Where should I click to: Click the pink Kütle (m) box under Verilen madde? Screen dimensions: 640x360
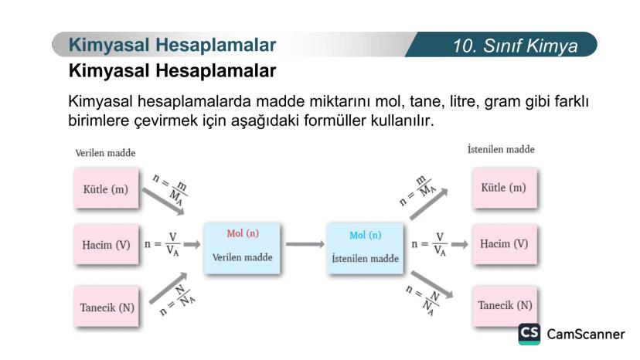(x=106, y=188)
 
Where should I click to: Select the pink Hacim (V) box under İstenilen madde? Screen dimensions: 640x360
(x=505, y=244)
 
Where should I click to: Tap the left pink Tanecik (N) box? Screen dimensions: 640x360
(x=106, y=307)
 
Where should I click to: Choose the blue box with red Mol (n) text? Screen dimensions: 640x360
(x=242, y=248)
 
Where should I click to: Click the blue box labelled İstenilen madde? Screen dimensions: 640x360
(x=365, y=248)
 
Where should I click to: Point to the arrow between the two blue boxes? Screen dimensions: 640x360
(x=305, y=244)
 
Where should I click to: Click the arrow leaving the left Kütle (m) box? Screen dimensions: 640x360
(x=163, y=201)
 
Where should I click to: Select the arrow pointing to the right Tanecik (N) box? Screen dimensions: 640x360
(x=432, y=284)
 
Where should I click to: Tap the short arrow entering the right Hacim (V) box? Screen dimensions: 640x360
(x=460, y=244)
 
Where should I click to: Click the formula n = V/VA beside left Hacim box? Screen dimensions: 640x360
(x=162, y=244)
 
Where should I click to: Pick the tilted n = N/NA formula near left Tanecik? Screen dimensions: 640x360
(x=178, y=301)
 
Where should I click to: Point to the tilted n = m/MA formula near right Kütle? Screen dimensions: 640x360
(x=417, y=191)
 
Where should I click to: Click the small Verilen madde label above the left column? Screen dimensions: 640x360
(x=105, y=153)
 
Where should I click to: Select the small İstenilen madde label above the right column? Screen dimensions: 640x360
(x=501, y=149)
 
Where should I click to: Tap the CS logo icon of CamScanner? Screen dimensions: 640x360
(x=529, y=334)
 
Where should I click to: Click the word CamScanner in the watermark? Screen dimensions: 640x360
(x=586, y=335)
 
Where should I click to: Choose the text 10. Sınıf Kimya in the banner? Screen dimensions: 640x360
(x=515, y=46)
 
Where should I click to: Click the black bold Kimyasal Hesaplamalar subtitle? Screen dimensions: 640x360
(x=172, y=70)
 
